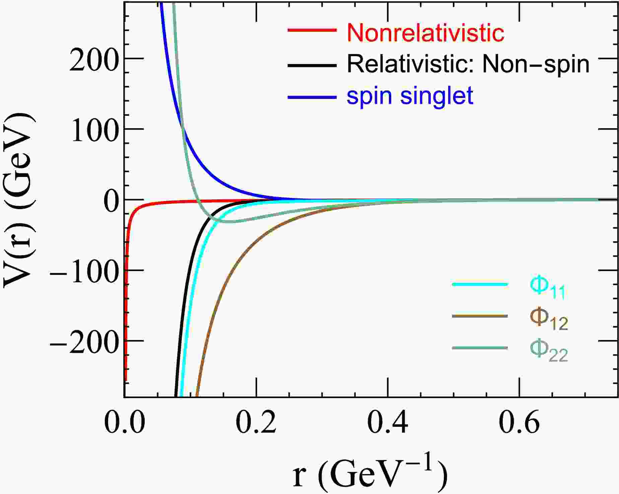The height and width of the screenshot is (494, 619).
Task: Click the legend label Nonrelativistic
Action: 425,33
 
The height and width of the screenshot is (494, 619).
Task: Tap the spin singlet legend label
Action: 410,96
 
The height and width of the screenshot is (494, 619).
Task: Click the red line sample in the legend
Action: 312,30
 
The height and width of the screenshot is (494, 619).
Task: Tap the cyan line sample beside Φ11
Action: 480,285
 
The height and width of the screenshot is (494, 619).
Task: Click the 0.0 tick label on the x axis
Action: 125,423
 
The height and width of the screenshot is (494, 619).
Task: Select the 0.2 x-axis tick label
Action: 256,423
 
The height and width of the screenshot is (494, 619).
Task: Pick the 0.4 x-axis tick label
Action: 388,423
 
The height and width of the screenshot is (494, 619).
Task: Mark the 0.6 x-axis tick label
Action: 519,423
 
